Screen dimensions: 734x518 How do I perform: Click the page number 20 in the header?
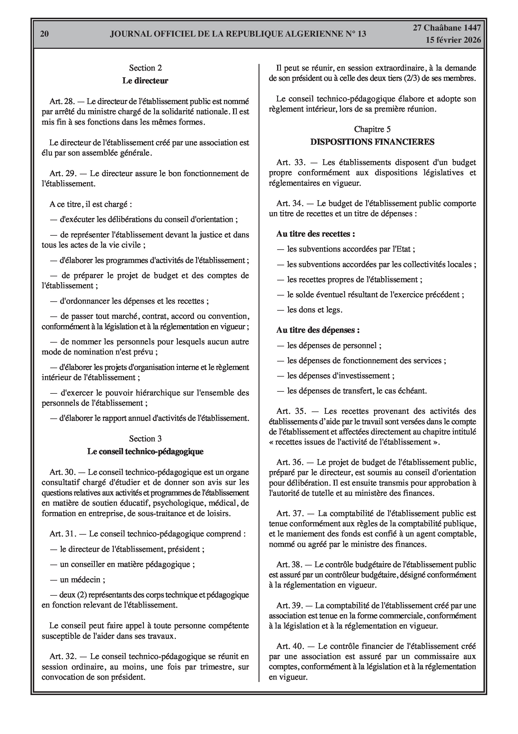44,34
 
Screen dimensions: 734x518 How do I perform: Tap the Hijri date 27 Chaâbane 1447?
447,28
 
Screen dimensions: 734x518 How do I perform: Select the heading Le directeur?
145,80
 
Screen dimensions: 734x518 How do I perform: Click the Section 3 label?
145,438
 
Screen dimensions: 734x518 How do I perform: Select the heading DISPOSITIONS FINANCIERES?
372,142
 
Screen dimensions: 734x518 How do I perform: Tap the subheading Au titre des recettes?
315,234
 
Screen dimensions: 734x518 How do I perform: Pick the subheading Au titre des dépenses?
318,330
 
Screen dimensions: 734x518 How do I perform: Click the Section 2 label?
145,68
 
